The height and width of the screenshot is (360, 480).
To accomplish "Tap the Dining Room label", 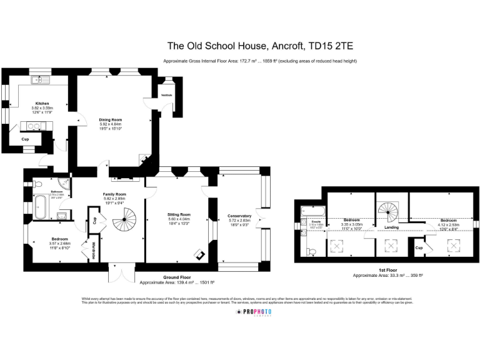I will (x=110, y=119).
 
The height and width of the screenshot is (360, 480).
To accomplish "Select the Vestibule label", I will (x=167, y=95).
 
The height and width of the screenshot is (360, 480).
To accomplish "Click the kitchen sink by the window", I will (x=41, y=80).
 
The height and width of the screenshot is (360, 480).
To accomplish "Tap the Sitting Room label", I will (x=179, y=214).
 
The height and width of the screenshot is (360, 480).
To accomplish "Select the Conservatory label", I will (x=239, y=216).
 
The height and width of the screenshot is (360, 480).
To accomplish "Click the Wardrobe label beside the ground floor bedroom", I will (x=94, y=251).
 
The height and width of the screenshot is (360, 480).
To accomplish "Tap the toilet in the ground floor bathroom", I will (x=39, y=185).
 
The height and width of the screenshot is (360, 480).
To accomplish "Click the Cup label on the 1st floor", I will (x=418, y=248).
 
